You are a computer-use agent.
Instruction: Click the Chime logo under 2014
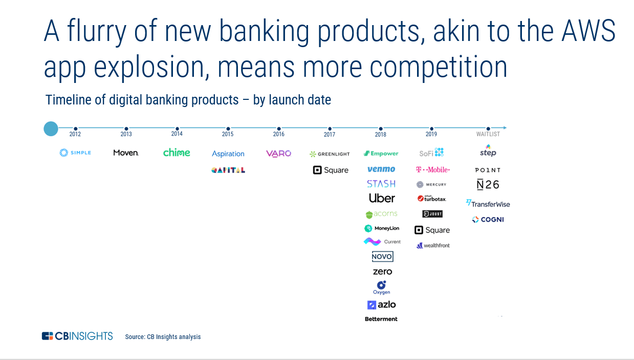(177, 153)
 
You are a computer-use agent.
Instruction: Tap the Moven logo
(126, 153)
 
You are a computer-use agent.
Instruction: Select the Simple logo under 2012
(75, 153)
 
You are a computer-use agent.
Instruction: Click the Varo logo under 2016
(278, 154)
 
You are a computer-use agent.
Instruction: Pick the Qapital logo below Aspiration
(228, 170)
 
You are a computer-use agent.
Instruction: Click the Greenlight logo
(330, 154)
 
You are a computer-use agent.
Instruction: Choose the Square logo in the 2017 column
(331, 170)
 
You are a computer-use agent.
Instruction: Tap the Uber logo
(382, 198)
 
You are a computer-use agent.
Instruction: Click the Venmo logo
(381, 169)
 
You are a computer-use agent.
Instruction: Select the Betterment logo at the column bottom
(381, 319)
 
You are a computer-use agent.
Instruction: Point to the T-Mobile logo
(433, 170)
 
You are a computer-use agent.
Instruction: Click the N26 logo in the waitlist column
(488, 185)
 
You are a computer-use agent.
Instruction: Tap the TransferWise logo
(488, 204)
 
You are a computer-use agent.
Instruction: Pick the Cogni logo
(488, 220)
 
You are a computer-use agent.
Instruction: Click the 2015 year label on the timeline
(228, 134)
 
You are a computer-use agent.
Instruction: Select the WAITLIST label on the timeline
(488, 134)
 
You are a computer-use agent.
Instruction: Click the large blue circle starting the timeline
(51, 129)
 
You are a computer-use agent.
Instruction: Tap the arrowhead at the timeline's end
(505, 128)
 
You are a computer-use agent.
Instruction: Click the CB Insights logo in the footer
(77, 336)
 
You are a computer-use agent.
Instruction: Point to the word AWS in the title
(588, 31)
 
